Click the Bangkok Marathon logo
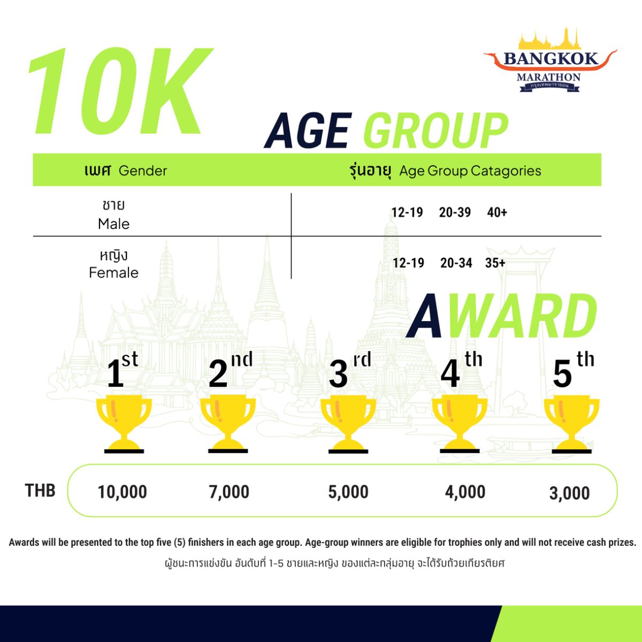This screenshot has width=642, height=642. click(550, 60)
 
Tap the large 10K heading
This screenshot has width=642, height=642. click(120, 91)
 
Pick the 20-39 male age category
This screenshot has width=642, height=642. click(455, 212)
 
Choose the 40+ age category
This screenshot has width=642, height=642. click(496, 212)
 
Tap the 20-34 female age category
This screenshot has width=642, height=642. click(456, 263)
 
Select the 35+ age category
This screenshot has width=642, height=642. click(495, 263)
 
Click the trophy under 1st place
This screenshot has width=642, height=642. click(124, 425)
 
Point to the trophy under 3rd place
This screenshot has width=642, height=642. click(348, 425)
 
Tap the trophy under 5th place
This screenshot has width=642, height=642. click(572, 425)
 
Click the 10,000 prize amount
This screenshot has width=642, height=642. click(123, 492)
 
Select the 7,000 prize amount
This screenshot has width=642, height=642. click(229, 492)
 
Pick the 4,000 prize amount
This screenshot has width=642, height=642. click(465, 492)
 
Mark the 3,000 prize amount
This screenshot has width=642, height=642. click(569, 493)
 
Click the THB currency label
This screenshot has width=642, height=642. click(40, 491)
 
